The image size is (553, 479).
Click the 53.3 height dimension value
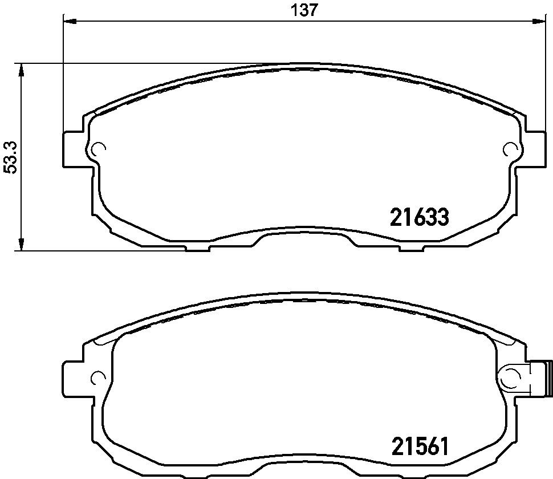pyautogui.click(x=10, y=157)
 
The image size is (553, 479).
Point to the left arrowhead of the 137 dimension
pyautogui.click(x=70, y=22)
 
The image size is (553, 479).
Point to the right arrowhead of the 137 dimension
pyautogui.click(x=539, y=22)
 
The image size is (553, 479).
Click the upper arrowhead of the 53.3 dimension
pyautogui.click(x=21, y=70)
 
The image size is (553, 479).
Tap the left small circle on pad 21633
pyautogui.click(x=97, y=149)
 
